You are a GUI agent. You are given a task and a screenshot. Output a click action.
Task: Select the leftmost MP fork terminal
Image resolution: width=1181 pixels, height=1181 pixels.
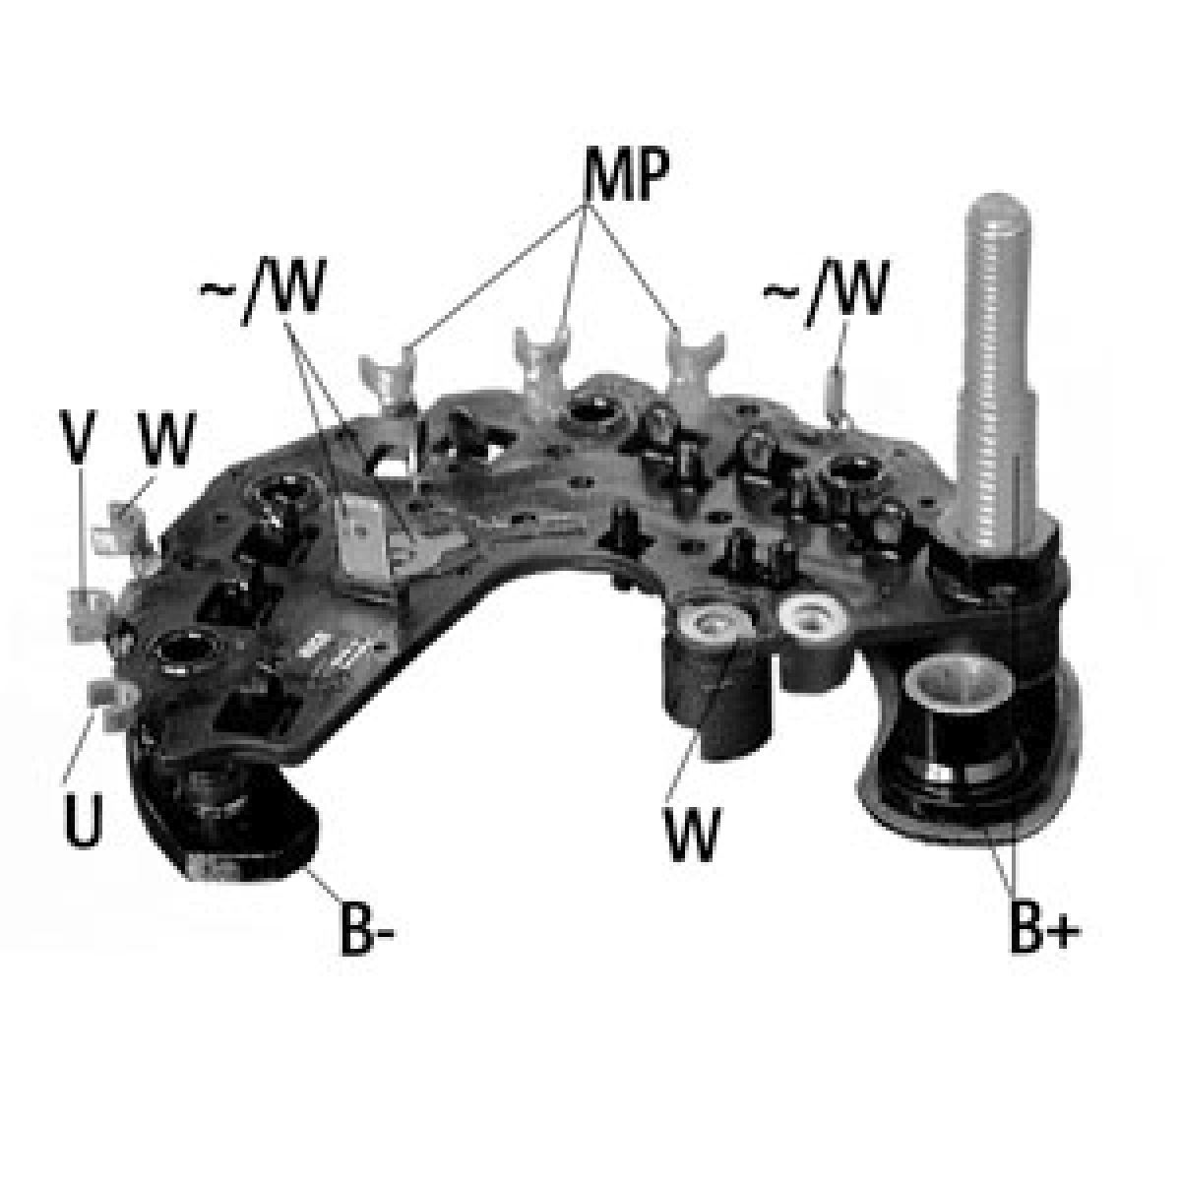point(390,371)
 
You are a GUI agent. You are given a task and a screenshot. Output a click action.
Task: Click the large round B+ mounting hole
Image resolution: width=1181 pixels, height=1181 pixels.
point(955,689)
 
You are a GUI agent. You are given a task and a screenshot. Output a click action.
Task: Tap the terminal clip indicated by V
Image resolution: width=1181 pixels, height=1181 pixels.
point(87,606)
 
